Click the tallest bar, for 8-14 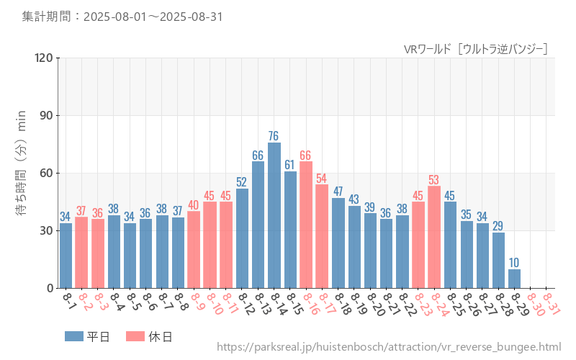(274, 216)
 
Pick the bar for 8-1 (66, 256)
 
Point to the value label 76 (274, 136)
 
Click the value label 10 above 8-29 (514, 263)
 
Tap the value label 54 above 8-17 (322, 178)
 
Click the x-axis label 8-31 (552, 303)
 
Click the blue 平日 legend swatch (73, 336)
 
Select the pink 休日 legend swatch (135, 336)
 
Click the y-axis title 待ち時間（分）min (22, 173)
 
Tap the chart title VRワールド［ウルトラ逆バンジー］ (476, 48)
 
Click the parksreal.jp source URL (388, 348)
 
